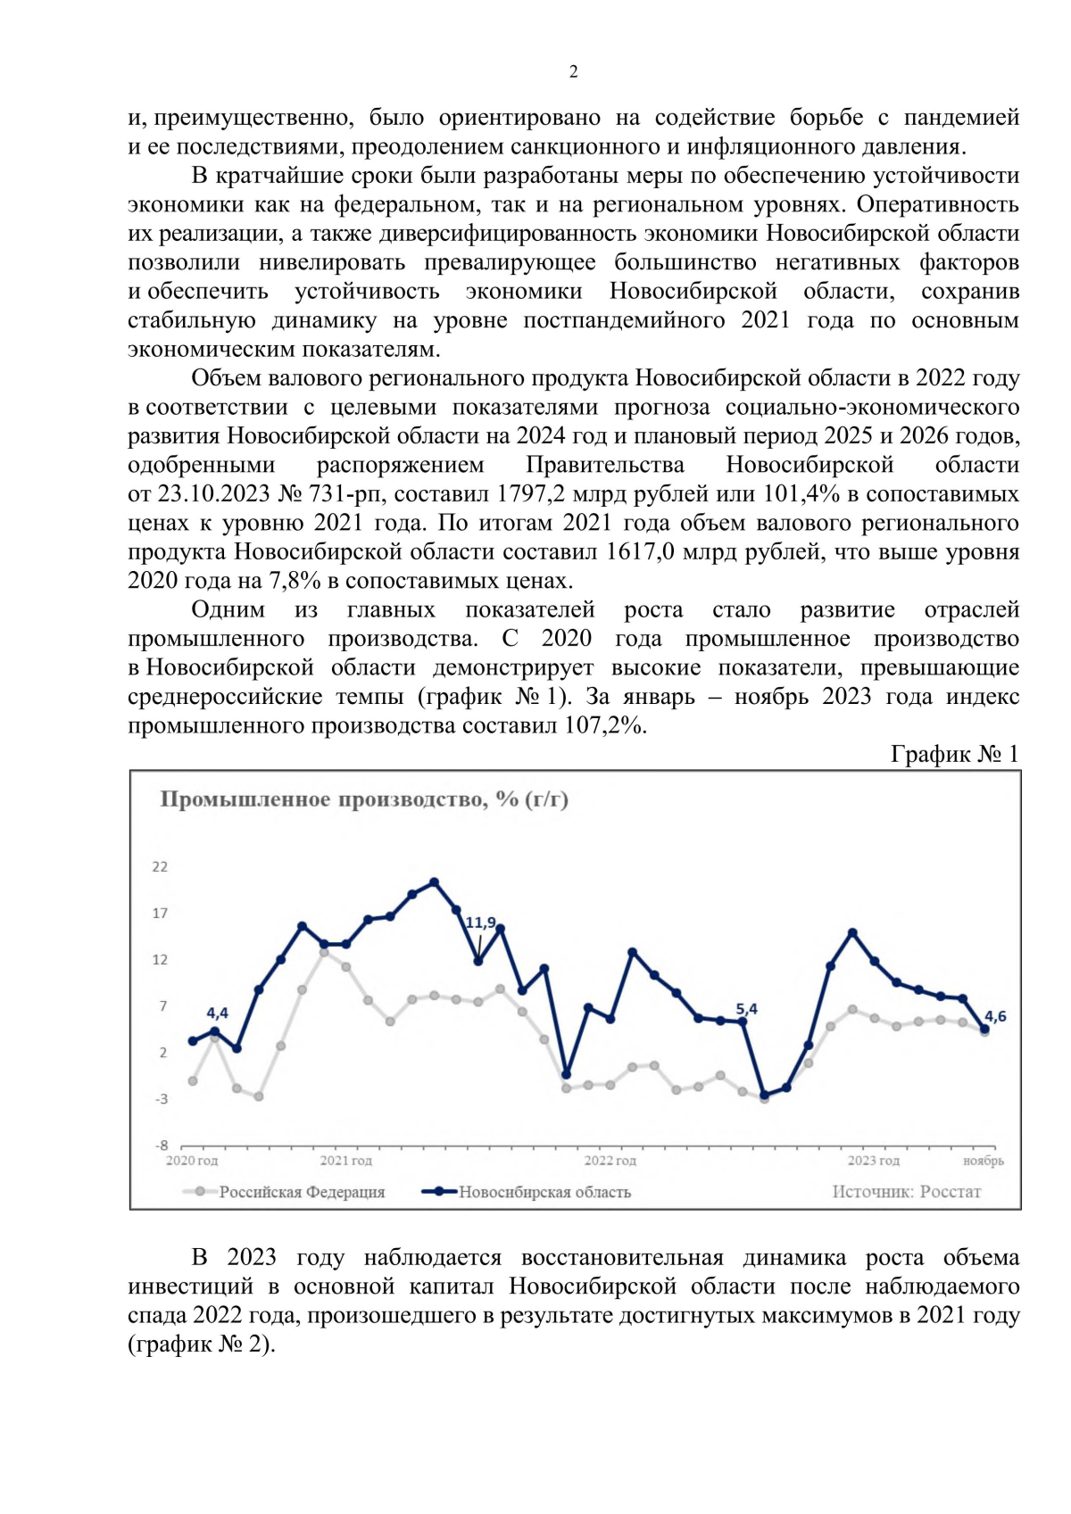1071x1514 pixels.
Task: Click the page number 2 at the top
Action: [x=573, y=72]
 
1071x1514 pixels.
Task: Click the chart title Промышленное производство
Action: [x=363, y=799]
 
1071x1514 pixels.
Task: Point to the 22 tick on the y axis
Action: [x=160, y=867]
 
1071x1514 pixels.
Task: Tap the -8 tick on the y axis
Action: [x=162, y=1146]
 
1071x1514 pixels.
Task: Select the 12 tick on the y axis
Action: [x=160, y=960]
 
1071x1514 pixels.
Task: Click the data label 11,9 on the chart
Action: [x=480, y=922]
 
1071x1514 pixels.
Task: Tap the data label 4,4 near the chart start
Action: [x=217, y=1013]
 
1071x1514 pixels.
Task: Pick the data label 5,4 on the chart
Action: [x=746, y=1009]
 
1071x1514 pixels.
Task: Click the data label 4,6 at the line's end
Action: [x=995, y=1016]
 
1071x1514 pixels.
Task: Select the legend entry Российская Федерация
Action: [x=302, y=1192]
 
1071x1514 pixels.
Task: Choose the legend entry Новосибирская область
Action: [x=544, y=1192]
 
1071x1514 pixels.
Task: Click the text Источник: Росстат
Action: [x=906, y=1192]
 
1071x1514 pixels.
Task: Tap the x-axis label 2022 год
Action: [x=610, y=1161]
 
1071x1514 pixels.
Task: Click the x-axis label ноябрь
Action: [x=983, y=1161]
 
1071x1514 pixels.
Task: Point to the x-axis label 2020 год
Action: [x=192, y=1161]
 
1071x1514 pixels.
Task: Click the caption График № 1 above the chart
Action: [x=954, y=755]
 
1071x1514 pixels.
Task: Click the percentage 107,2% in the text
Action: [x=605, y=725]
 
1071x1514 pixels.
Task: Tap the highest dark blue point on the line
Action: [x=434, y=882]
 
